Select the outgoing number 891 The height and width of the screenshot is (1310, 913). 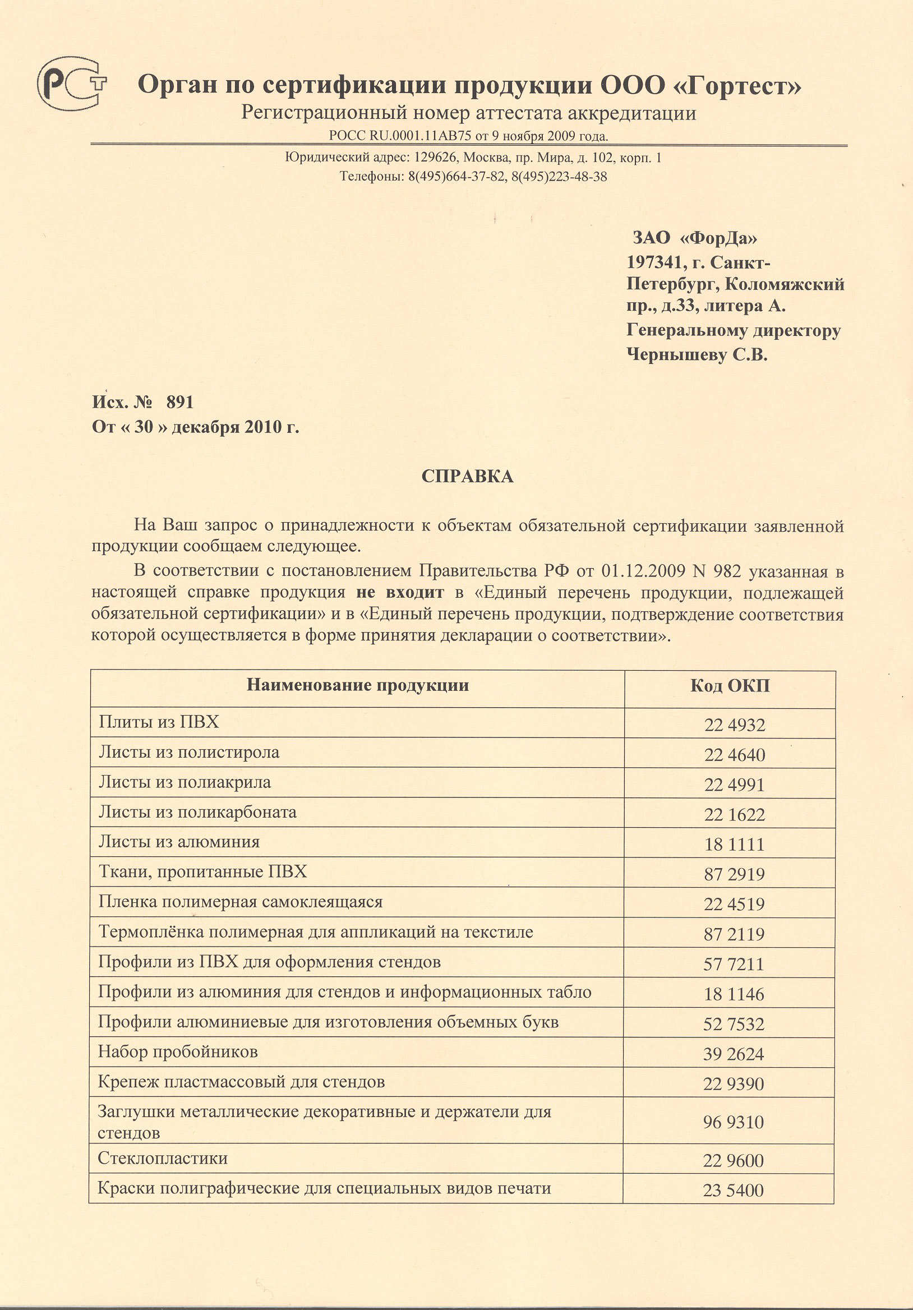(x=180, y=403)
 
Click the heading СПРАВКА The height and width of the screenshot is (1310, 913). (x=467, y=477)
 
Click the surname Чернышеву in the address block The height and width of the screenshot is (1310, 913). (x=676, y=355)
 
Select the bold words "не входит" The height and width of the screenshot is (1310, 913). (x=399, y=592)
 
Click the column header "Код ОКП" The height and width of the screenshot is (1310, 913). (x=730, y=686)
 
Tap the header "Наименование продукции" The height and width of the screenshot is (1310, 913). (x=357, y=685)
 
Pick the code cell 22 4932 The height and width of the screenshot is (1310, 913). (x=735, y=725)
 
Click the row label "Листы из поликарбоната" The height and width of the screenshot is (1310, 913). (x=197, y=812)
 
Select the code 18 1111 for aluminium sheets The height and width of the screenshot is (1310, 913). (x=735, y=845)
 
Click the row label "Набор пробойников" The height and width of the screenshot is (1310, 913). (x=177, y=1051)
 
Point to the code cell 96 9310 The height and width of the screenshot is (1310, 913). (x=733, y=1122)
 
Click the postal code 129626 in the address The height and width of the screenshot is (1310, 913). (x=434, y=158)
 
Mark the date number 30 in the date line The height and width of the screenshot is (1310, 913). (x=144, y=427)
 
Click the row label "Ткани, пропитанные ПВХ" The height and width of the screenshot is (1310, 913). (x=202, y=872)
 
